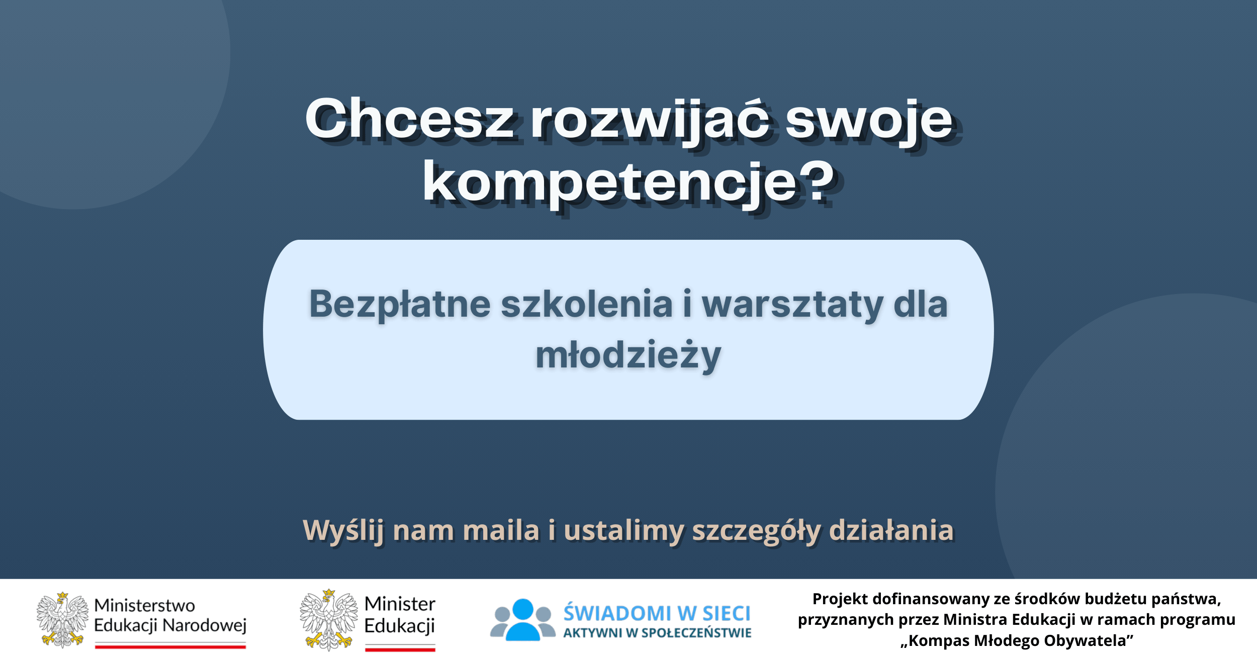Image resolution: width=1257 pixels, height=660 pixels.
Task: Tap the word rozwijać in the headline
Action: pyautogui.click(x=650, y=121)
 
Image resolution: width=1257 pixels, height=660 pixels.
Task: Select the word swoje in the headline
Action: pyautogui.click(x=869, y=121)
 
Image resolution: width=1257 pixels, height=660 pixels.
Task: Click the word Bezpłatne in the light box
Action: pyautogui.click(x=400, y=305)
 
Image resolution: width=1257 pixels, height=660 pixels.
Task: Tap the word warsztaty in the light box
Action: pyautogui.click(x=792, y=305)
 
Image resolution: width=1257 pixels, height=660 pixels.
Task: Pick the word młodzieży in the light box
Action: pyautogui.click(x=628, y=356)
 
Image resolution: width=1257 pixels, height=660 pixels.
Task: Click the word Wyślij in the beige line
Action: pyautogui.click(x=343, y=531)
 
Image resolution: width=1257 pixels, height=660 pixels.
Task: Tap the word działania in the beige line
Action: pyautogui.click(x=891, y=530)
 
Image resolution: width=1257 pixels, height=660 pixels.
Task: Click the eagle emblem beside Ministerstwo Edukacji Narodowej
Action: pyautogui.click(x=62, y=620)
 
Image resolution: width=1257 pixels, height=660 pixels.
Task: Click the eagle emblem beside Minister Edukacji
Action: pyautogui.click(x=329, y=620)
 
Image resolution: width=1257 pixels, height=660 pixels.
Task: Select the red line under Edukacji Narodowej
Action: pyautogui.click(x=170, y=646)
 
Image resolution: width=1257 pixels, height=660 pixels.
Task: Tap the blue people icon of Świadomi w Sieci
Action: pyautogui.click(x=523, y=619)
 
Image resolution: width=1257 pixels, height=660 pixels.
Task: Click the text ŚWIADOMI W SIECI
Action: pyautogui.click(x=657, y=613)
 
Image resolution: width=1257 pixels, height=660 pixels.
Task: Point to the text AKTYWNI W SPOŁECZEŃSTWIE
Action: pyautogui.click(x=657, y=633)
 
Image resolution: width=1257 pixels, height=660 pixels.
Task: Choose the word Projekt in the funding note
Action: pyautogui.click(x=841, y=599)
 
